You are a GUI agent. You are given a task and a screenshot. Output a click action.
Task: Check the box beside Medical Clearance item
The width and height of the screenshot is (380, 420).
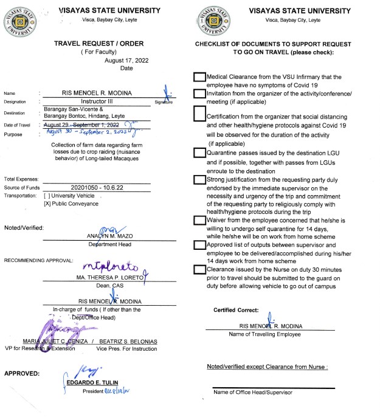point(199,78)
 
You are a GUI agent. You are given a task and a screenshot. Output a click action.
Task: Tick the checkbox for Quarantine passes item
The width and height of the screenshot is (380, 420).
point(199,153)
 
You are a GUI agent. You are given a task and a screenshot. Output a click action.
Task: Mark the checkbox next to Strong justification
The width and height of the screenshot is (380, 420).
point(199,179)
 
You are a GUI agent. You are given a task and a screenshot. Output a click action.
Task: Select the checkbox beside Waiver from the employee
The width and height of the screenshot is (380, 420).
point(199,221)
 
